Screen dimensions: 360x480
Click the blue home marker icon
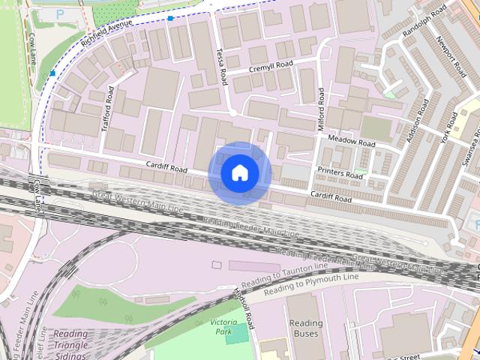(240, 173)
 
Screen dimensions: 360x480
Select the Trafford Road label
(106, 109)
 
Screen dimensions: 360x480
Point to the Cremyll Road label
(271, 67)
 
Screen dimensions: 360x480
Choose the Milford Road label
(322, 109)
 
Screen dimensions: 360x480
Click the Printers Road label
(340, 173)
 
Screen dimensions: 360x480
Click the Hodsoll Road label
(244, 306)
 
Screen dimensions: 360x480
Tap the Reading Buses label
(306, 328)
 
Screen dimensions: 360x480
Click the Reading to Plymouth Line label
(311, 283)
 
